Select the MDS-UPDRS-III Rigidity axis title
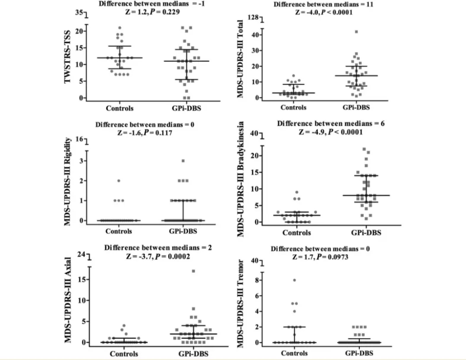click(67, 185)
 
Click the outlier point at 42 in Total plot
click(356, 32)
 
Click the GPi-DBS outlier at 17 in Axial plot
click(194, 271)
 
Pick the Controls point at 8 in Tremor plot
click(294, 280)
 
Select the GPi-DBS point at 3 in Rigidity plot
click(183, 161)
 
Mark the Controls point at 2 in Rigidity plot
click(119, 180)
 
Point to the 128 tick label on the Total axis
click(252, 17)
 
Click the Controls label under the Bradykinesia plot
click(297, 233)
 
